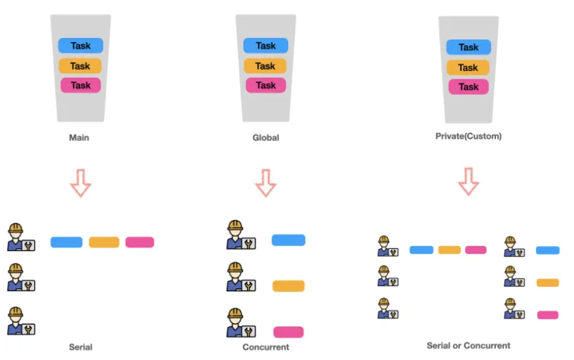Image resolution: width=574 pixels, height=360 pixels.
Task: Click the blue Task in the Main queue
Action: pos(80,46)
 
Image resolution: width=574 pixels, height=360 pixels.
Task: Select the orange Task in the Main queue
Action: pos(80,66)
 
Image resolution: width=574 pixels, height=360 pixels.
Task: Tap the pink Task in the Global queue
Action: pos(266,85)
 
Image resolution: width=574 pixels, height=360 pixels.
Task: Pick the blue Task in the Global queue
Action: pos(266,46)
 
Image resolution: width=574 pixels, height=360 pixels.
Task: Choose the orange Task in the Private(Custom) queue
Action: pos(468,67)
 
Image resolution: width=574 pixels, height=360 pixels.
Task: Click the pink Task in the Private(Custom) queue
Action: pos(468,86)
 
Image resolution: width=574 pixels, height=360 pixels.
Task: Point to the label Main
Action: pos(79,138)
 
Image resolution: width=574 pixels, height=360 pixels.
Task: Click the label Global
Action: pos(266,138)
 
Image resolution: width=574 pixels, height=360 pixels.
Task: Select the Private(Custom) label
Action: pos(469,136)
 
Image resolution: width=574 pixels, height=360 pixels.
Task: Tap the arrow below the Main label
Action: pos(81,182)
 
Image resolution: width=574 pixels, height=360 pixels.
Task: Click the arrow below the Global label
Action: pos(266,182)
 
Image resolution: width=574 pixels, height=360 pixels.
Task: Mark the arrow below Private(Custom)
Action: pos(469,181)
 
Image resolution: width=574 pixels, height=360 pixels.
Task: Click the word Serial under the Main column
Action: pos(81,347)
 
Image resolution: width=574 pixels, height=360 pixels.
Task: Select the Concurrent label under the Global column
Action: pos(266,347)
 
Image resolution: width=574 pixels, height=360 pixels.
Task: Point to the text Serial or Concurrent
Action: pos(469,345)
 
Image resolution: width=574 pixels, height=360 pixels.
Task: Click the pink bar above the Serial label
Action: pos(140,242)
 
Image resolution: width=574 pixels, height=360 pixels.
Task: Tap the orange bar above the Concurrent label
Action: pos(288,286)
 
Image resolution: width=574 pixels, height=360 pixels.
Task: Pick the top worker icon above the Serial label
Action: pos(20,238)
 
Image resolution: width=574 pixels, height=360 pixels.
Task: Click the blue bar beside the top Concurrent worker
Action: pos(288,240)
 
